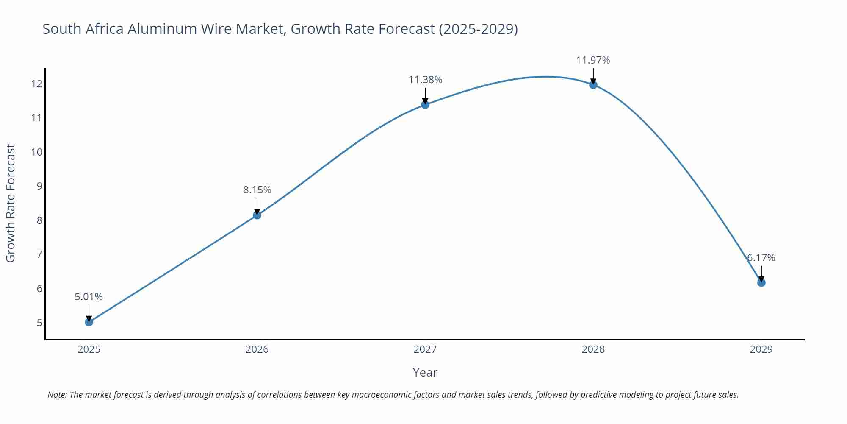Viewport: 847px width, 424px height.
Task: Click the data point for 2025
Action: coord(89,322)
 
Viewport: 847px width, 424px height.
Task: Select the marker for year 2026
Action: coord(257,215)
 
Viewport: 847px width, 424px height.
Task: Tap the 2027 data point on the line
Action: coord(425,105)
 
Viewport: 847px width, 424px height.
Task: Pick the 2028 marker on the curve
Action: coord(593,85)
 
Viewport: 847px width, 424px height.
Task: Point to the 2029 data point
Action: coord(761,283)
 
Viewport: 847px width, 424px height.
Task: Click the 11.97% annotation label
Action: coord(593,60)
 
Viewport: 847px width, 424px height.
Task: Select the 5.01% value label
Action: coord(89,297)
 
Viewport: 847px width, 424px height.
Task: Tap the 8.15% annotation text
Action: coord(257,190)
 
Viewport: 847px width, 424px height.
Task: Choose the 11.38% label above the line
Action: coord(425,80)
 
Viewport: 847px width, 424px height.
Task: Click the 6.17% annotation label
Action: coord(761,258)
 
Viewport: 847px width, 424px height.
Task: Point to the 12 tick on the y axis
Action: coord(36,84)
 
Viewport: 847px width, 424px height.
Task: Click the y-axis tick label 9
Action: coord(39,186)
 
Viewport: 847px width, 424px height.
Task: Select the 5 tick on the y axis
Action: coord(39,323)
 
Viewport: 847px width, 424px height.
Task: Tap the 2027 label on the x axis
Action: coord(425,349)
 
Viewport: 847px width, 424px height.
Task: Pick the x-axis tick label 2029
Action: coord(761,349)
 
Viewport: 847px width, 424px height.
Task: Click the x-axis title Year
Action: coord(425,372)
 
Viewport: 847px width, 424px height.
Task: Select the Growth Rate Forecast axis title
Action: coord(11,203)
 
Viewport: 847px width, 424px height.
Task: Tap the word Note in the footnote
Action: coord(57,395)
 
